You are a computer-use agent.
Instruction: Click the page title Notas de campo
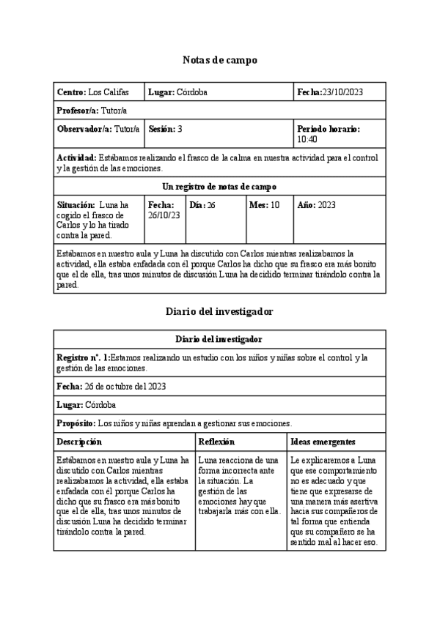[219, 60]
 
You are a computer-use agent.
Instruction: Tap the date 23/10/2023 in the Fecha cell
[342, 92]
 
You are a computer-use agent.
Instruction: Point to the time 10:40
[307, 139]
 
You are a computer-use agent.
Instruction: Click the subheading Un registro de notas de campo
[219, 186]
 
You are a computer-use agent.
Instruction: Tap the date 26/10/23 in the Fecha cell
[164, 215]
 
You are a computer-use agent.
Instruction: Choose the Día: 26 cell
[202, 206]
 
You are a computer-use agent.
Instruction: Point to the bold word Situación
[76, 206]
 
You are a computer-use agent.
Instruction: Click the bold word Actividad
[76, 157]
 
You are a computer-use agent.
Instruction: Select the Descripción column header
[79, 442]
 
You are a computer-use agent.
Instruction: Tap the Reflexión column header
[216, 442]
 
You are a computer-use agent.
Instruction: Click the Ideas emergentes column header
[323, 442]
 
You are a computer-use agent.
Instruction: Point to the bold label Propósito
[76, 423]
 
